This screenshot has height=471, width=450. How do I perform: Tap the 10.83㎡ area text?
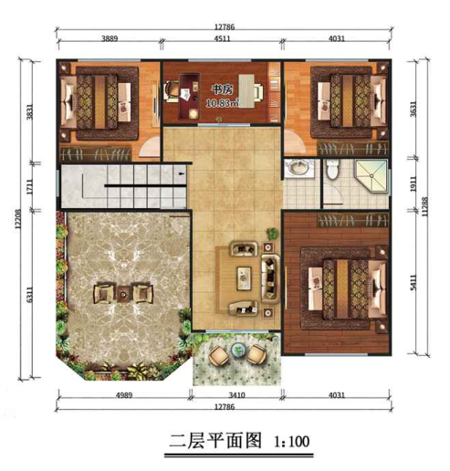[x=222, y=103]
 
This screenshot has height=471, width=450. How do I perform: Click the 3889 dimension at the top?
[x=110, y=38]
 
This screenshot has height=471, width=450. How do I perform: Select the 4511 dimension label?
[x=222, y=38]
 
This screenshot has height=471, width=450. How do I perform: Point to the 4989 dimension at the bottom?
[x=124, y=395]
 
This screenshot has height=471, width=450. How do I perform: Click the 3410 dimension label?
[x=236, y=395]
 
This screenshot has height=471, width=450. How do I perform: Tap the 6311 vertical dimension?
[x=29, y=295]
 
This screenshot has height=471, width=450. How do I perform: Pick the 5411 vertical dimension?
[x=413, y=283]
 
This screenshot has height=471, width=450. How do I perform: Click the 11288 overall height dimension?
[x=425, y=207]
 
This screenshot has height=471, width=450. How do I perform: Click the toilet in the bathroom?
[x=331, y=170]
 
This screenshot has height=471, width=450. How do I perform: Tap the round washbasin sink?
[x=298, y=168]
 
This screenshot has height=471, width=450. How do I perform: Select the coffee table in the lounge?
[x=244, y=277]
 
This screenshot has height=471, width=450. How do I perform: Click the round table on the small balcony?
[x=238, y=350]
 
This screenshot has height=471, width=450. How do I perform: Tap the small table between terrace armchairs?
[x=123, y=294]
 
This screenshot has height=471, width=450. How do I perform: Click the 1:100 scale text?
[x=291, y=442]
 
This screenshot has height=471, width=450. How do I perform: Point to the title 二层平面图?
[x=215, y=441]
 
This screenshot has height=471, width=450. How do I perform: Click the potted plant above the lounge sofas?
[x=273, y=234]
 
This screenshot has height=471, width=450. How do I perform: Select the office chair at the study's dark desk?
[x=172, y=90]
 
